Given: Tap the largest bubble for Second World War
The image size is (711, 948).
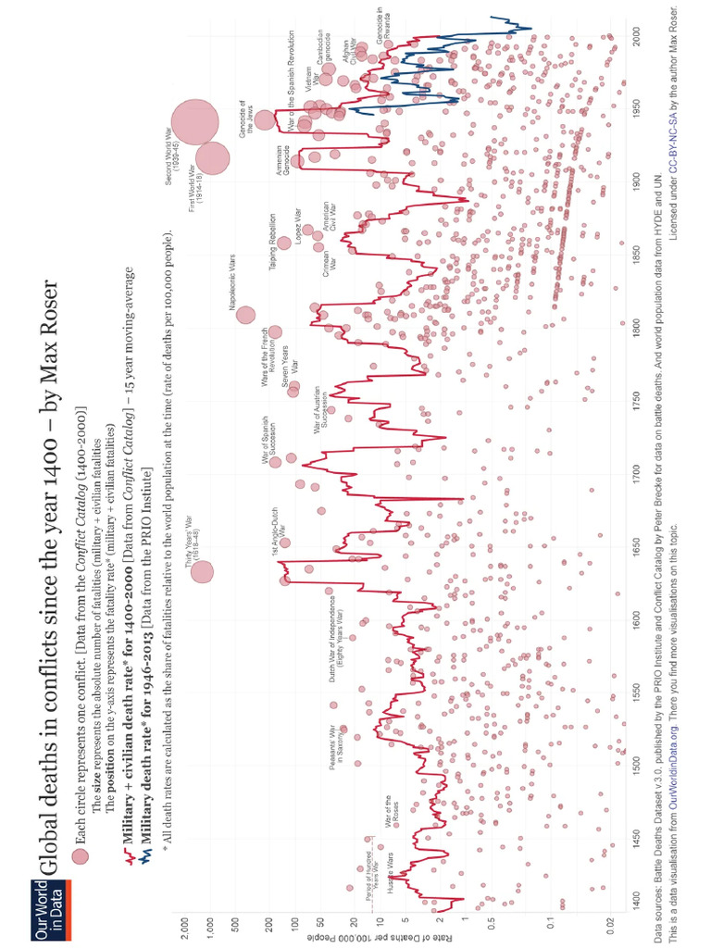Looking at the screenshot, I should [194, 122].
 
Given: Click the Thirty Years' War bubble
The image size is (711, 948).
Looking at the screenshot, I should [202, 572].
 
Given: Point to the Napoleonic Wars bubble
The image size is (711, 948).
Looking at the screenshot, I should [245, 315].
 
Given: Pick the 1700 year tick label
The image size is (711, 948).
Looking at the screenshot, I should [637, 470].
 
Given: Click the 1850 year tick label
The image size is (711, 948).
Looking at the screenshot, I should [637, 256].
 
